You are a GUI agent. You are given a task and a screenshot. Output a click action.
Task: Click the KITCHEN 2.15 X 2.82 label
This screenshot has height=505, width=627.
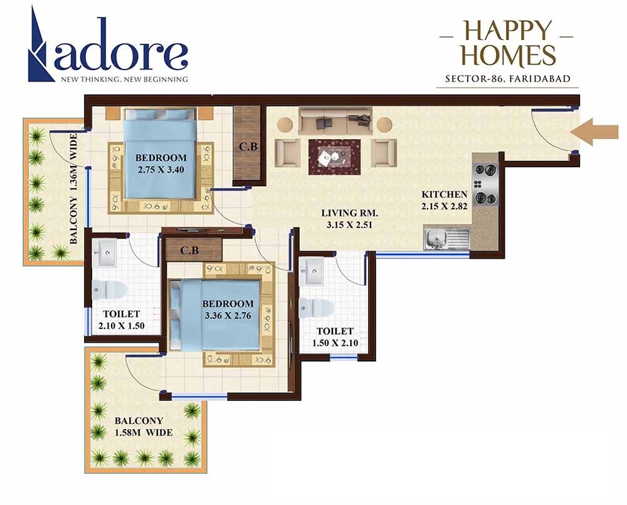(445, 200)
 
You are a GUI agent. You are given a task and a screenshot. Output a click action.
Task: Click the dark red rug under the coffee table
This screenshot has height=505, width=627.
(334, 157)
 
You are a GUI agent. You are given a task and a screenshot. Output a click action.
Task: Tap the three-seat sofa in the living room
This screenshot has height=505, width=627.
(335, 120)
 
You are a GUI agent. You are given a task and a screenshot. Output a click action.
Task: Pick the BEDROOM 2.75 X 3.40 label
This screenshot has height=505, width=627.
(161, 162)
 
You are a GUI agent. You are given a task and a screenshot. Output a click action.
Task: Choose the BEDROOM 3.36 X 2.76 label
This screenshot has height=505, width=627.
(228, 310)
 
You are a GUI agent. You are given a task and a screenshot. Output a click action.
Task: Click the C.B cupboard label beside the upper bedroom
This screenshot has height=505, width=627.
(247, 148)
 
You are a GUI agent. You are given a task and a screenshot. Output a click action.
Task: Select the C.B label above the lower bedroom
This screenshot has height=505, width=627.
(189, 251)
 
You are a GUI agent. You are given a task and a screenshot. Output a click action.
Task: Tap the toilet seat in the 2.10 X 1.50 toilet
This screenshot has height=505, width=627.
(109, 289)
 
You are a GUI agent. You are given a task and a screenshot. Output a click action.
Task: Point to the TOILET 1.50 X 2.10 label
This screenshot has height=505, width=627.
(334, 337)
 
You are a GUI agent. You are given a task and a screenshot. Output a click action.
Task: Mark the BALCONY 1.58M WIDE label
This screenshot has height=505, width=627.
(142, 427)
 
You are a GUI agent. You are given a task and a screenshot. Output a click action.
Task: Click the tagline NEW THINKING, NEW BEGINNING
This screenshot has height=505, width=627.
(124, 80)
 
